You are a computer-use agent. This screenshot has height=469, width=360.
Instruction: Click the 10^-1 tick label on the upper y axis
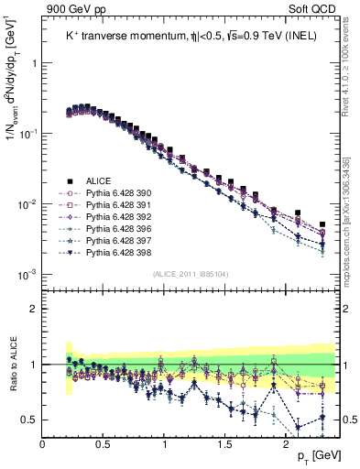pos(27,134)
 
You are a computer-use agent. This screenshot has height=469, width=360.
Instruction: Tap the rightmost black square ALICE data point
pos(322,224)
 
